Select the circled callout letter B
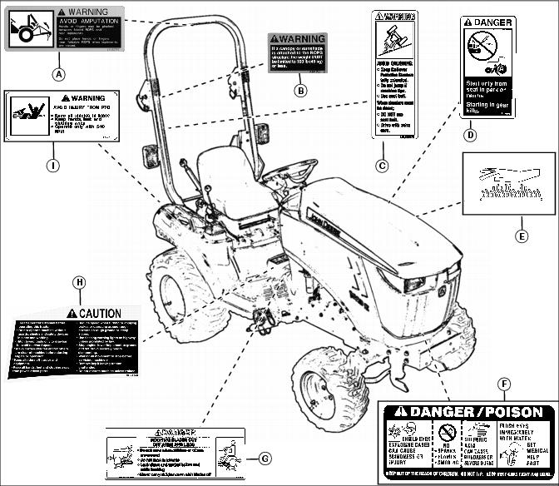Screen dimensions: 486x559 tap(299, 91)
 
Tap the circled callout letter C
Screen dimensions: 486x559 tap(382, 166)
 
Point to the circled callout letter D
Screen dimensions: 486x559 tap(470, 133)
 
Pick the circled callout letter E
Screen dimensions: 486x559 tap(522, 236)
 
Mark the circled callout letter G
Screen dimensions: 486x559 tap(265, 458)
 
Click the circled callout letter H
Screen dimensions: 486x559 tap(79, 282)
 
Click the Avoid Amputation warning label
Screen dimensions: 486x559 tap(65, 29)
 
